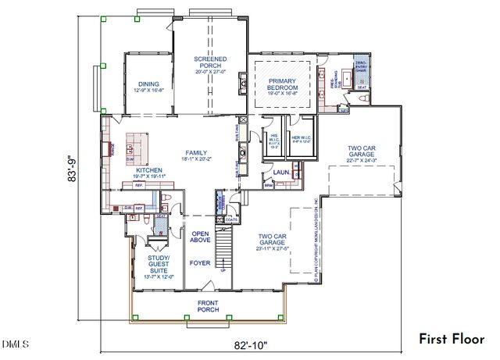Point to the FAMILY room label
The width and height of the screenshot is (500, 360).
point(195,152)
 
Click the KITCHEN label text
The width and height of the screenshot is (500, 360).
point(149,169)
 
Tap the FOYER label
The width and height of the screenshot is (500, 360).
point(200,263)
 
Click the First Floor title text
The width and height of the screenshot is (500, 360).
point(451,339)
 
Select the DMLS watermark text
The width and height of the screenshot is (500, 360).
point(16,344)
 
